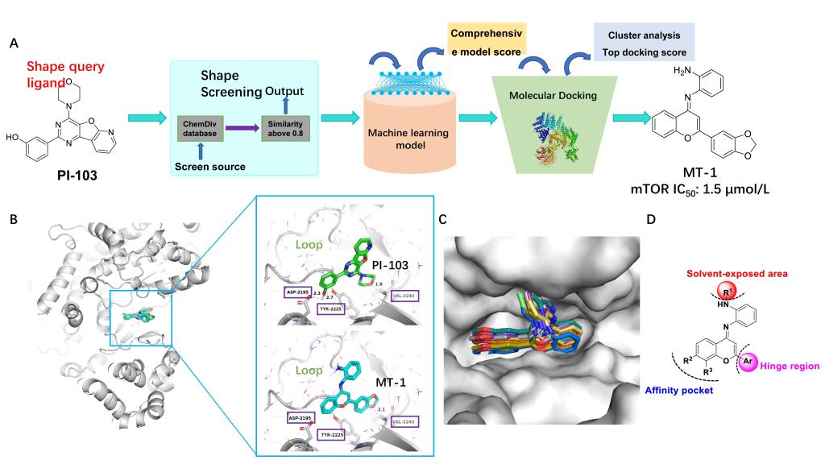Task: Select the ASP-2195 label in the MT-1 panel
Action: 301,418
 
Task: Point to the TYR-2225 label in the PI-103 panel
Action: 331,309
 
